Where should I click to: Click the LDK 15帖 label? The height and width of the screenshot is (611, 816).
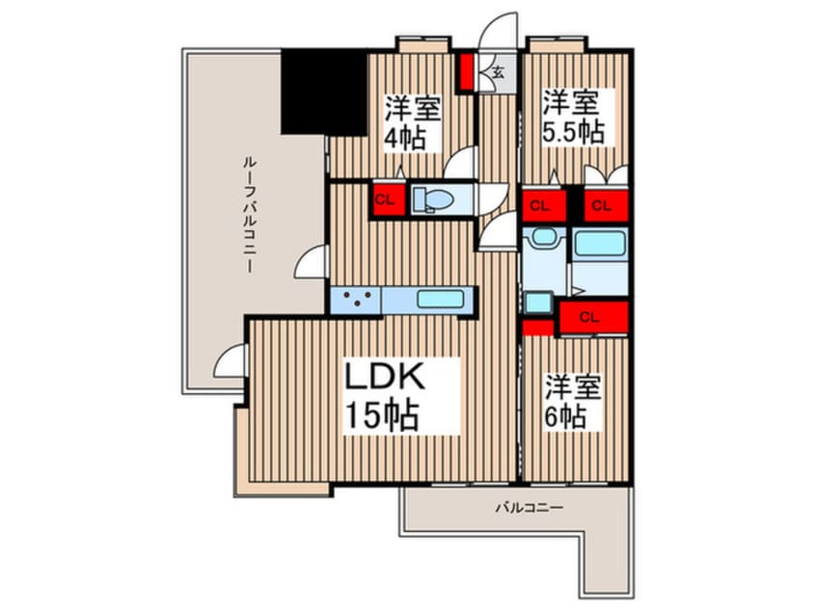click(383, 396)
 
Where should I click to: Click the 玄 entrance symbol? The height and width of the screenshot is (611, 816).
click(498, 71)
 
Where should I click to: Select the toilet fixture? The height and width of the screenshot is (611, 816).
click(428, 199)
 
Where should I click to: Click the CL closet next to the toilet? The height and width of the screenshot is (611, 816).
click(385, 200)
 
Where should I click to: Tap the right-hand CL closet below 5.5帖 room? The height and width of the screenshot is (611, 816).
click(601, 204)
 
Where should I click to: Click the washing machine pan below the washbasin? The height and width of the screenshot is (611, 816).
click(536, 303)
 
